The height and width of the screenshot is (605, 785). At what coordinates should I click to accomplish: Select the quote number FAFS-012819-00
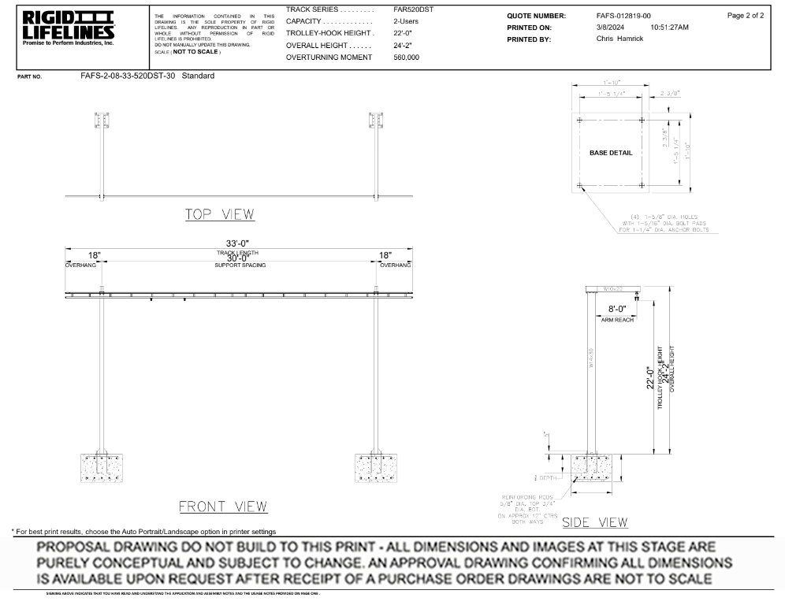(x=624, y=16)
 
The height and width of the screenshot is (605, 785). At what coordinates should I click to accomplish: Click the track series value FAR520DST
(x=413, y=9)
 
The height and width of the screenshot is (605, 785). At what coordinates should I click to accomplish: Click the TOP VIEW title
(x=220, y=214)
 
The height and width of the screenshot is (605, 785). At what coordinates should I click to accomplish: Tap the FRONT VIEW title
(x=223, y=506)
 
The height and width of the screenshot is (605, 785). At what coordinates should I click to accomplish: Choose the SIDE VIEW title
(x=595, y=521)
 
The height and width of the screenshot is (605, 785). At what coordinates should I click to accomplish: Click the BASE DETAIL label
(x=611, y=152)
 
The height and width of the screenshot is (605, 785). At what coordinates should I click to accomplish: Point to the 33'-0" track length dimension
(x=238, y=243)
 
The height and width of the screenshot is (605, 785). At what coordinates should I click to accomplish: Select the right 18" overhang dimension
(x=385, y=256)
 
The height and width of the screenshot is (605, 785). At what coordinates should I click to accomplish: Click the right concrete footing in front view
(x=376, y=467)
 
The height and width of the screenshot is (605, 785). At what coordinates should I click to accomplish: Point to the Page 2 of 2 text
(x=746, y=16)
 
